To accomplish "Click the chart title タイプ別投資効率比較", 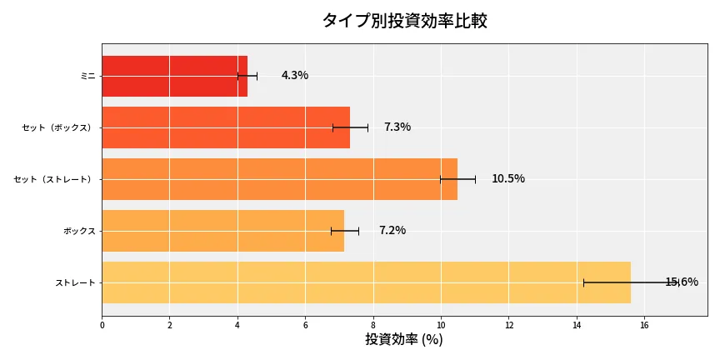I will point(405,21).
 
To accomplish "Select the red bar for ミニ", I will point(174,76).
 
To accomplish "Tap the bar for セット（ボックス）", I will point(226,127).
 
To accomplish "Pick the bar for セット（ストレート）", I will point(279,179).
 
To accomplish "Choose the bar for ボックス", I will point(222,231).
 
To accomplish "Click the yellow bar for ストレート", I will point(366,282).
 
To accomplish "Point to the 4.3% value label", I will point(295,76).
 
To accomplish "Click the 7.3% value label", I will point(397,127).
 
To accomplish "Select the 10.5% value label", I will point(508,179).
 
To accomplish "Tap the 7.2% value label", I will point(392,231).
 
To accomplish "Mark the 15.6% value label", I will point(682,282).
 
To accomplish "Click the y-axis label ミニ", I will point(87,76).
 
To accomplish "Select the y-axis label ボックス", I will point(79,231).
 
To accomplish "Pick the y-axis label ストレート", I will point(75,282).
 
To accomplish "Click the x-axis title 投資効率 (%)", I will point(404,340).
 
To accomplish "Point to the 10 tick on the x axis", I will point(441,325).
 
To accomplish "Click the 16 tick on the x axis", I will point(644,325).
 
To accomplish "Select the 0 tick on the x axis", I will point(102,325).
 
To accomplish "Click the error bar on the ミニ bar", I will point(247,76).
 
